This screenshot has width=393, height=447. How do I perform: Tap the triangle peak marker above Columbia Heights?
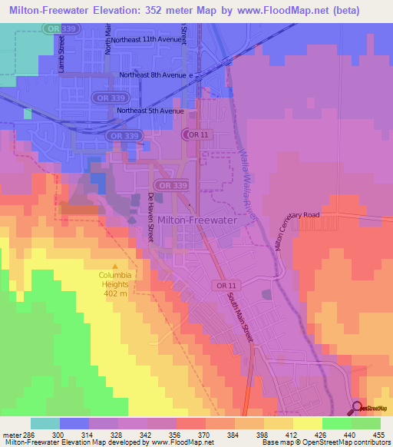[114, 266]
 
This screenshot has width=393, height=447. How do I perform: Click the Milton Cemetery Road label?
[299, 223]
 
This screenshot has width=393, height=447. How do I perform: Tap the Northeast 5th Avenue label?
[150, 111]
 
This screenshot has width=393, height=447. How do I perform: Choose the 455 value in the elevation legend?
[378, 435]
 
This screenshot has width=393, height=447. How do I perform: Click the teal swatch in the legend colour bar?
[45, 423]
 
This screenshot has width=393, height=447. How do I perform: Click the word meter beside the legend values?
[12, 435]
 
